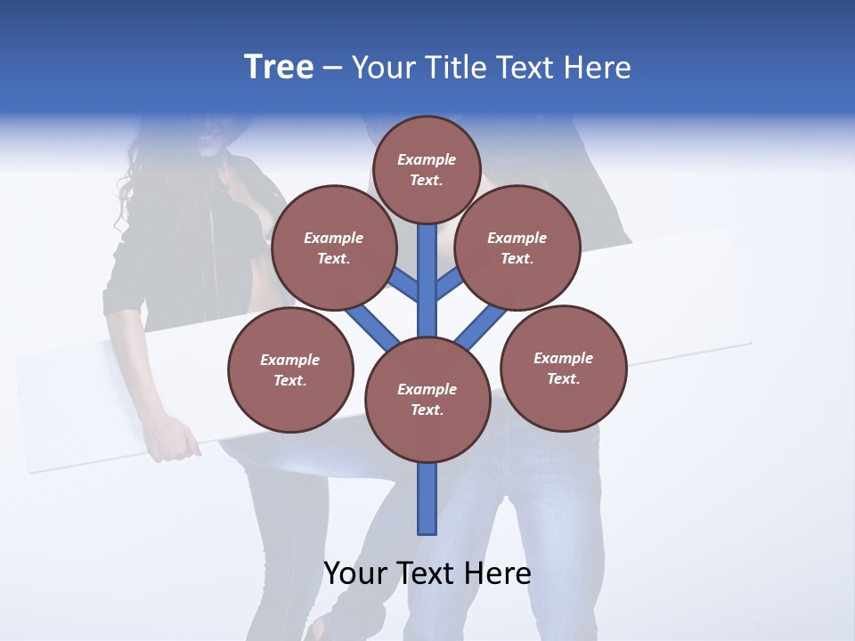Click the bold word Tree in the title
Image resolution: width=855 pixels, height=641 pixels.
pyautogui.click(x=279, y=67)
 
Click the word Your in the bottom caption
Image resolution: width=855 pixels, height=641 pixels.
pyautogui.click(x=354, y=573)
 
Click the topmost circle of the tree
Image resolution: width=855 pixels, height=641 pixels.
pyautogui.click(x=427, y=169)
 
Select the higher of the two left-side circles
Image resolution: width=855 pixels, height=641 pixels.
pyautogui.click(x=333, y=247)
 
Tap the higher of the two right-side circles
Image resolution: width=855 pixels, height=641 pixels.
pyautogui.click(x=517, y=247)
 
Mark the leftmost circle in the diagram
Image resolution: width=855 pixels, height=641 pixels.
pyautogui.click(x=290, y=369)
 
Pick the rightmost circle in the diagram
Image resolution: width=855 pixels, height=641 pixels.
pyautogui.click(x=563, y=368)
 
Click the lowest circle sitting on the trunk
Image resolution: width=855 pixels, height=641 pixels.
pyautogui.click(x=427, y=399)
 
